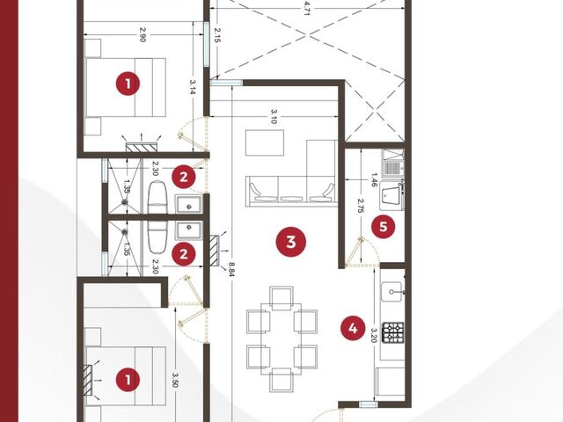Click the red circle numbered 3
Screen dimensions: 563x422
coord(291,242)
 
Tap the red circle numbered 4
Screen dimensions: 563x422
coord(353,328)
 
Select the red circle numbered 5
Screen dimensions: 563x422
coord(384,227)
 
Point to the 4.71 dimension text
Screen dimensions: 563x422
coord(306,8)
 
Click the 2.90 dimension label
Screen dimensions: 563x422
coord(143,35)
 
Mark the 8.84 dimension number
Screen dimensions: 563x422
coord(231,270)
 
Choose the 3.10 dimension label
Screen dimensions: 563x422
coord(274,116)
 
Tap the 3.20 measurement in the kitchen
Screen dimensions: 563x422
coord(374,336)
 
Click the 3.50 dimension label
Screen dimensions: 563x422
coord(175,380)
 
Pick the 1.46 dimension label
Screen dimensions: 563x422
coord(374,179)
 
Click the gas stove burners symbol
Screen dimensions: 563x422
coord(393,332)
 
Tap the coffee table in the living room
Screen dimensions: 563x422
coord(265,142)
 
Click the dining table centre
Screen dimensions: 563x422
coord(281,338)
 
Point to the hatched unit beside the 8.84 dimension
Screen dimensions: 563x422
coord(214,251)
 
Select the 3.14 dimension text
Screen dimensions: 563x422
coord(193,87)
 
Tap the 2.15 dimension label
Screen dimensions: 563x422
coord(216,35)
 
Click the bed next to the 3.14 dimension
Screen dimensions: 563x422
coord(126,87)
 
